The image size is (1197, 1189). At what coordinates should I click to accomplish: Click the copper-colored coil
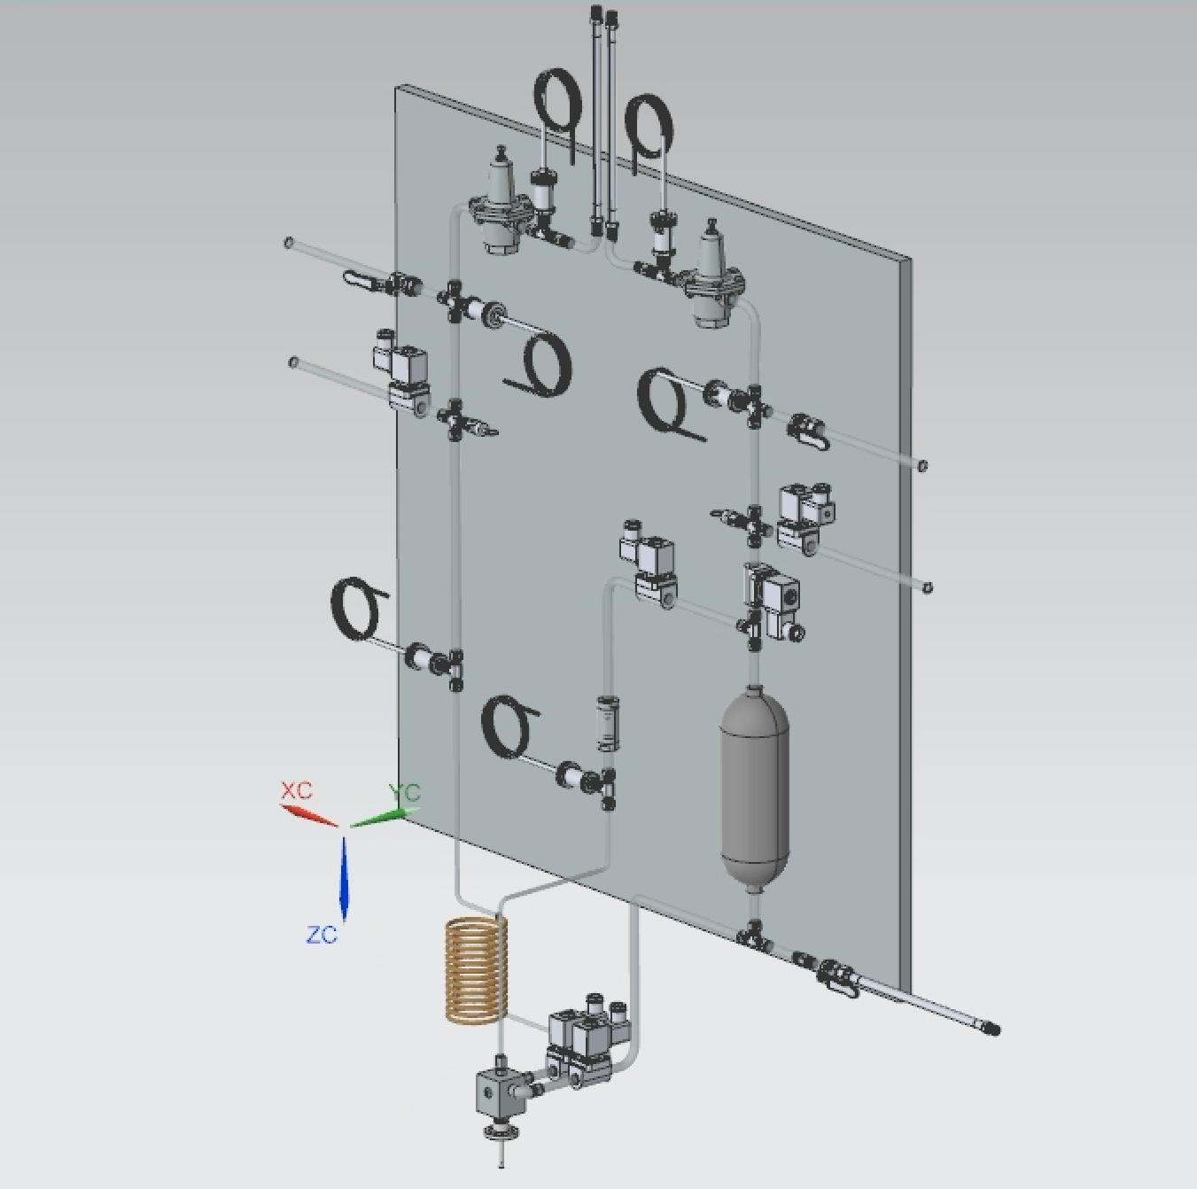[477, 969]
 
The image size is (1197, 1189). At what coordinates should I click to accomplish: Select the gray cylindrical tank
[754, 788]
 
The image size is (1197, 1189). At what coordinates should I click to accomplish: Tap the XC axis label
[296, 791]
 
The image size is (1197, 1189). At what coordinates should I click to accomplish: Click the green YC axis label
[404, 793]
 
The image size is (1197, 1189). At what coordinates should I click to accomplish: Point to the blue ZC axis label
[322, 935]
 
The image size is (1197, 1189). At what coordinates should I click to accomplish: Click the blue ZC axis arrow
[344, 878]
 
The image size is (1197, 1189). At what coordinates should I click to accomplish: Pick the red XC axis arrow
[308, 815]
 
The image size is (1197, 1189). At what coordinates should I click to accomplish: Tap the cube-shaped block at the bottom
[498, 1092]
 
